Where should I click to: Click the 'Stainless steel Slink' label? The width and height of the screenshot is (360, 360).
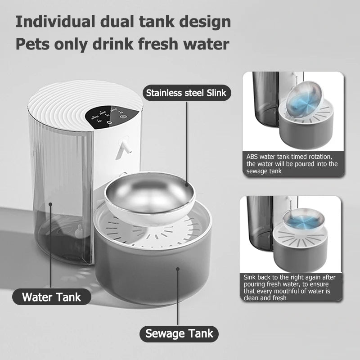tap(186, 93)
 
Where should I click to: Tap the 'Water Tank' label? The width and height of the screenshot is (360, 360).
tap(51, 297)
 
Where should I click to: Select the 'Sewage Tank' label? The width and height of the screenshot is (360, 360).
tap(179, 333)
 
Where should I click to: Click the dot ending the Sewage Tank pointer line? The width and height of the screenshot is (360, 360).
tap(179, 269)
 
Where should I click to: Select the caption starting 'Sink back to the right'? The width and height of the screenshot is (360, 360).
tap(292, 288)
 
